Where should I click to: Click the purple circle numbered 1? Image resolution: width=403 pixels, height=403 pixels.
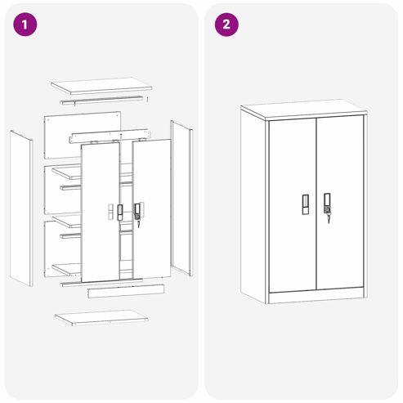pos(25,25)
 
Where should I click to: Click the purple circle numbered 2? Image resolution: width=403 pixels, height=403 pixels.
pos(226,25)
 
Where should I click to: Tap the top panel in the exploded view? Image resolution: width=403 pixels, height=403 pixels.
pos(101,86)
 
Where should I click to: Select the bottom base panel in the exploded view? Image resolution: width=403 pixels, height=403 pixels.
pos(101,318)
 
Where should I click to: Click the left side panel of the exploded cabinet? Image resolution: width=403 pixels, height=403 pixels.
pos(21,208)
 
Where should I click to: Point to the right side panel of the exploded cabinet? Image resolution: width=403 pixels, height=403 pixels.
pos(181,198)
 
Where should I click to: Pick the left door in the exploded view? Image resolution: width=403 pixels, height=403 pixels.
pos(101,212)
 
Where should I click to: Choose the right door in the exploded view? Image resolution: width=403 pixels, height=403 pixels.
pos(152,208)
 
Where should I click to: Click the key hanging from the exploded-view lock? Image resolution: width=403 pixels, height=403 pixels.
pos(138,223)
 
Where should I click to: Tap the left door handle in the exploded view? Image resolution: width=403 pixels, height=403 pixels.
pos(120,213)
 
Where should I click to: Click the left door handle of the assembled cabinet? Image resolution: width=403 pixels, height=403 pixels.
pos(306,204)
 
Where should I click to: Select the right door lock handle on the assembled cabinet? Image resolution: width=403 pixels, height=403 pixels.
pos(327,203)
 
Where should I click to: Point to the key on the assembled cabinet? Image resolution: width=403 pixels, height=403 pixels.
pos(329,218)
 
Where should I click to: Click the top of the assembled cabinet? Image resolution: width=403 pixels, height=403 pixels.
pos(304,110)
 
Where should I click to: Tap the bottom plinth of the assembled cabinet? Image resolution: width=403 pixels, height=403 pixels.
pos(317,295)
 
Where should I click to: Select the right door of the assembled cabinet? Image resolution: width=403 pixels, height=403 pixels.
pos(340,202)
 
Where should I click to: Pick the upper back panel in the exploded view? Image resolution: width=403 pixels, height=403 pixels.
pos(83,135)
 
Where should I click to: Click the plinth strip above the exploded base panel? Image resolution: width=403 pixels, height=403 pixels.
pos(126,291)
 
